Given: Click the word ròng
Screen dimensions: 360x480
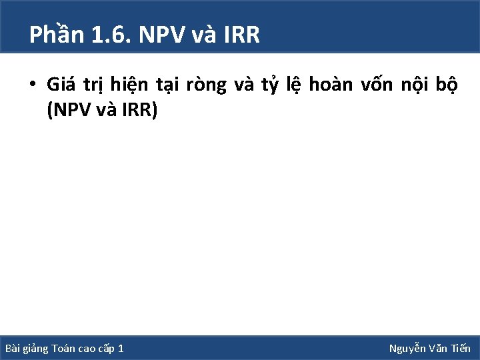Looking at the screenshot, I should pyautogui.click(x=204, y=85).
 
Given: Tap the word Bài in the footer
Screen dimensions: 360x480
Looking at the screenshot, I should pyautogui.click(x=13, y=349).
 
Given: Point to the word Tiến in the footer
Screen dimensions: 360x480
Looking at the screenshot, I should pyautogui.click(x=460, y=349).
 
